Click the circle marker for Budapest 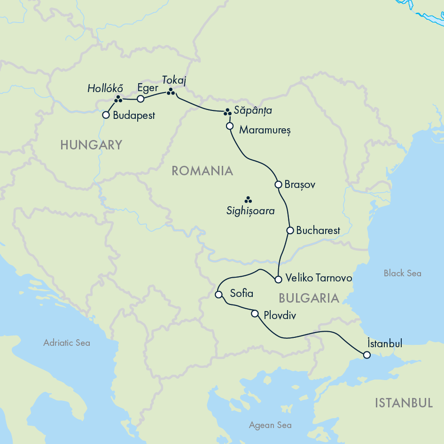(106, 115)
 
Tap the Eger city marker (140, 99)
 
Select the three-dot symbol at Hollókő (118, 99)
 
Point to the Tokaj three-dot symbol (171, 92)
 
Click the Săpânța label (254, 111)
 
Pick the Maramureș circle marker (230, 126)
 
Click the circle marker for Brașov (278, 184)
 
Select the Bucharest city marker (290, 230)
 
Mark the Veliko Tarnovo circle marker (278, 279)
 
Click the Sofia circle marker (218, 295)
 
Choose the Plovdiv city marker (255, 313)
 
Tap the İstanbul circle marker (366, 355)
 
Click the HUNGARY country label (91, 145)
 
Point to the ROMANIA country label (202, 171)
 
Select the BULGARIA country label (309, 298)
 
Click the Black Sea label (402, 273)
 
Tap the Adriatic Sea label (67, 343)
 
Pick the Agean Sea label (270, 425)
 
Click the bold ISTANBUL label (404, 403)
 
